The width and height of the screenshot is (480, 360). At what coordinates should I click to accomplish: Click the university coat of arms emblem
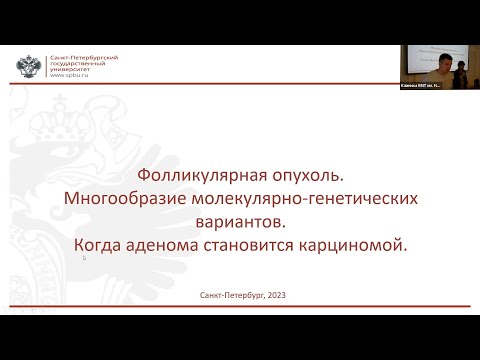[28, 67]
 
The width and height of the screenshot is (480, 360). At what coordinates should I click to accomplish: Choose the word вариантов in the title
[240, 221]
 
